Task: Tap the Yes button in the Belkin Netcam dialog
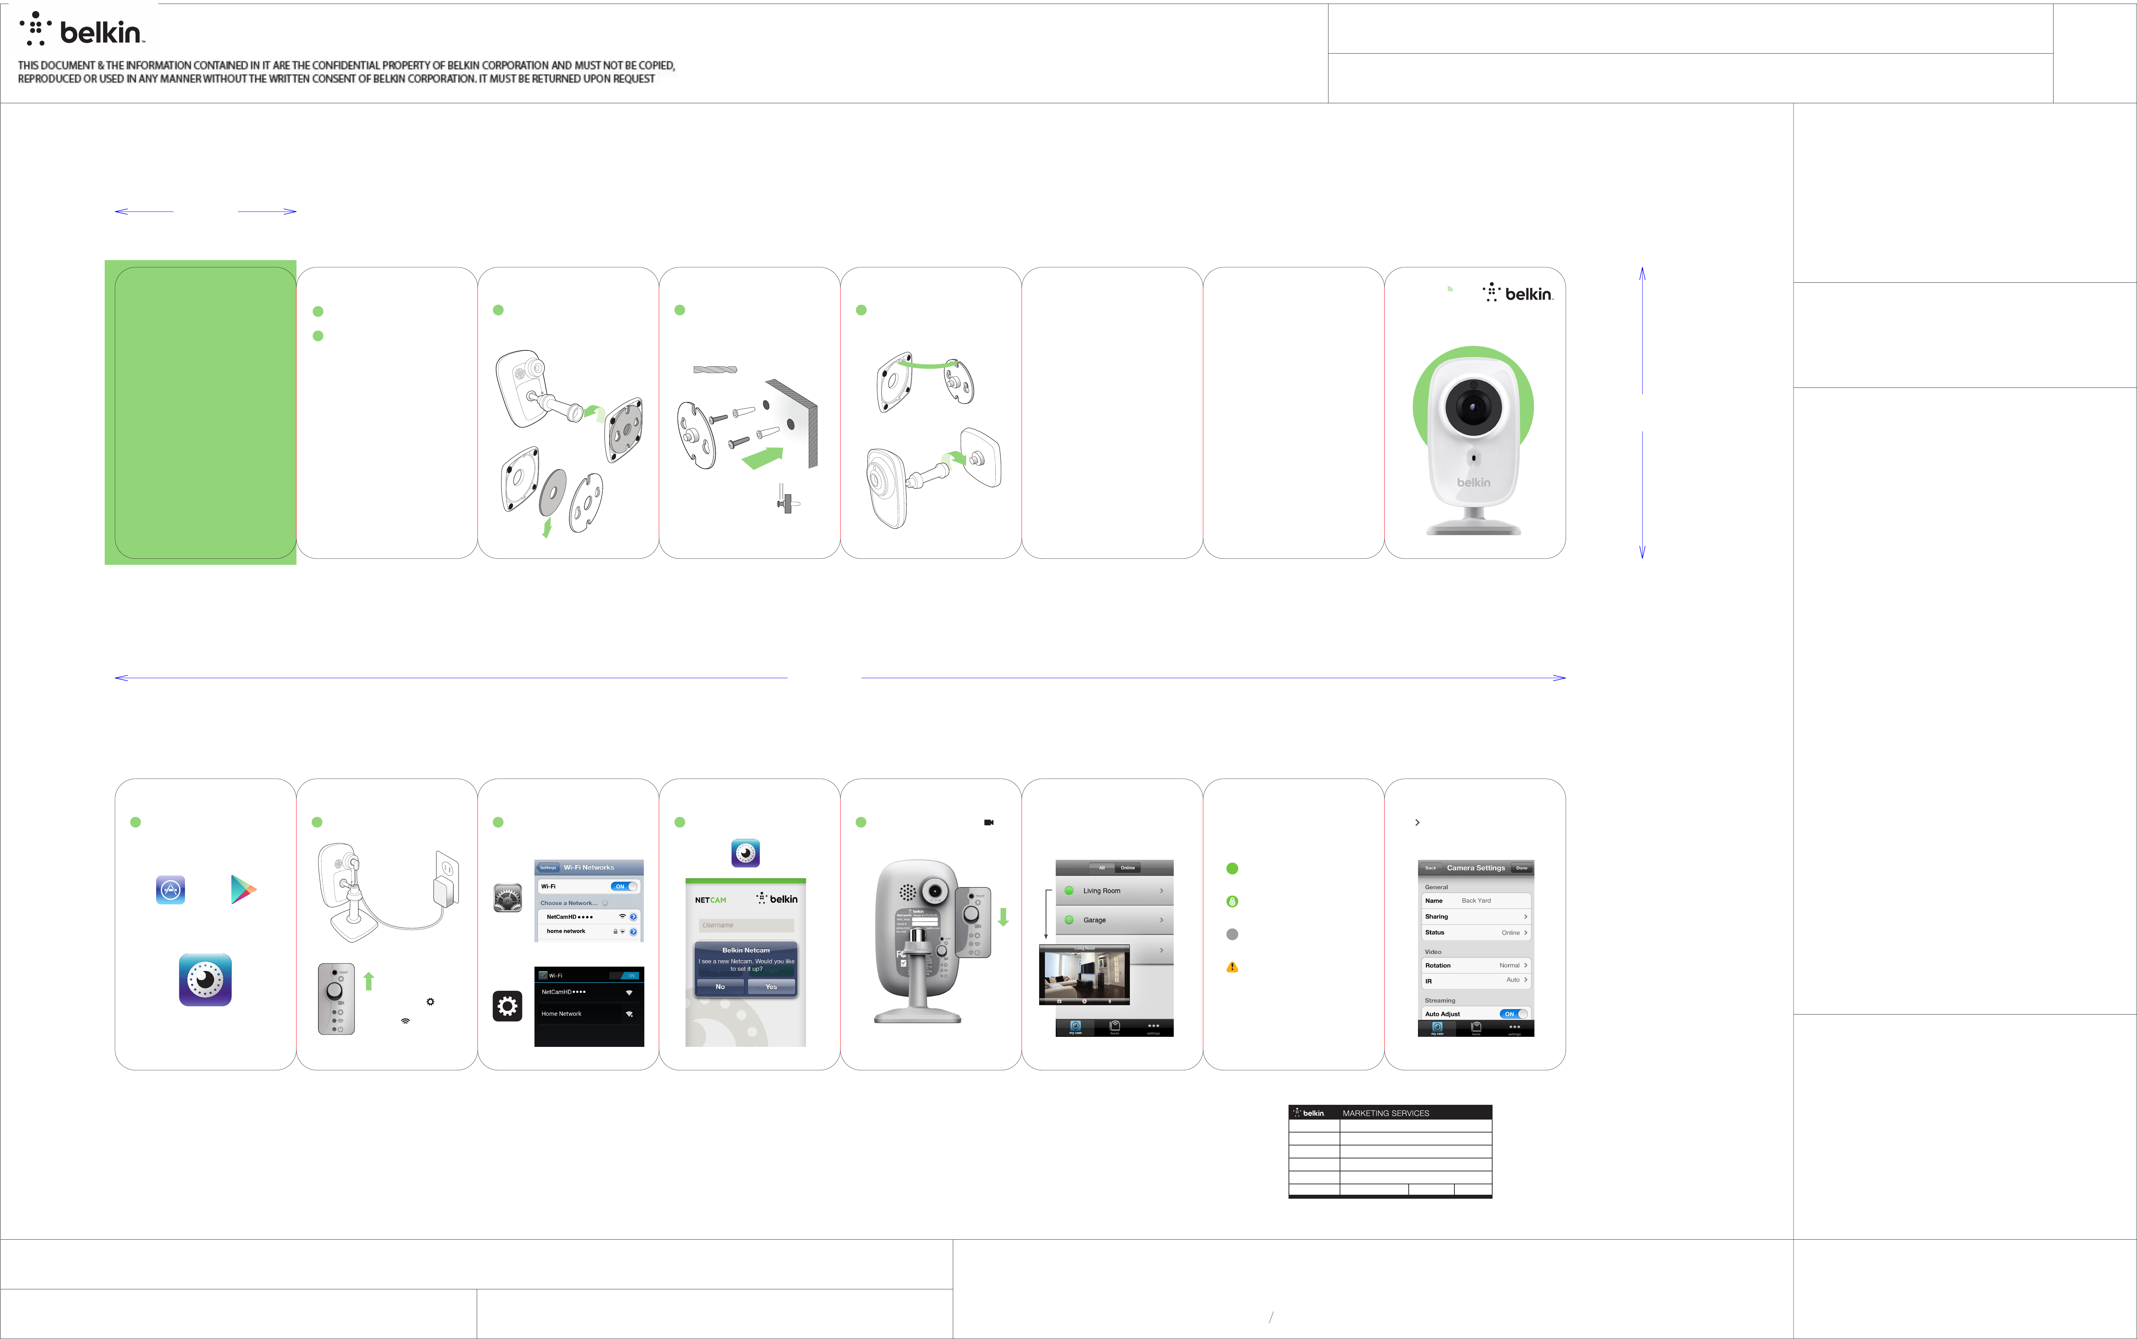point(770,986)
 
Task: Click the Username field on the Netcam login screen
point(746,925)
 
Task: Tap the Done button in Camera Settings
point(1521,868)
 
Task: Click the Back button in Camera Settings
point(1430,868)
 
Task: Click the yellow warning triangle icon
point(1232,967)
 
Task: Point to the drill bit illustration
point(715,369)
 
